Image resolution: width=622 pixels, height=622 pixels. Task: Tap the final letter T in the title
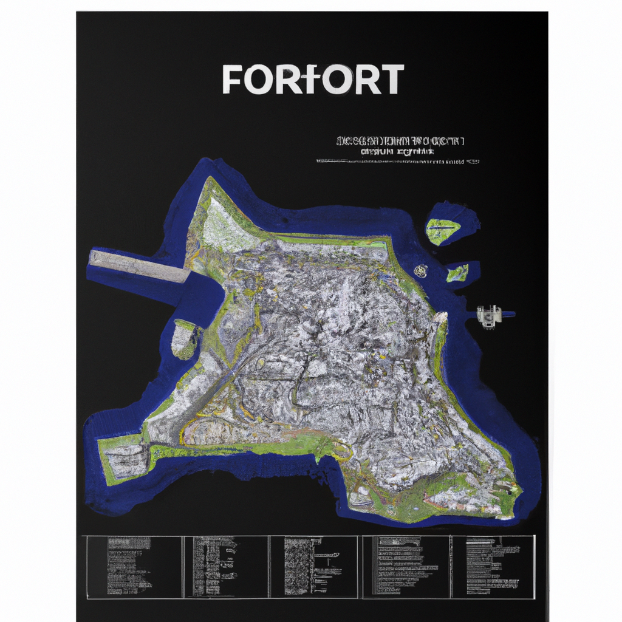coord(391,79)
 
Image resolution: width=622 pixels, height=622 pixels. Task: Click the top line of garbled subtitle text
coord(400,142)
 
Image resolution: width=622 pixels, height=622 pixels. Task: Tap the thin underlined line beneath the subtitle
coord(398,162)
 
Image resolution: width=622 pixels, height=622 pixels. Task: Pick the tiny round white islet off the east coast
coord(420,271)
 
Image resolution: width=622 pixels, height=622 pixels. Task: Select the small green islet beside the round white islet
coord(457,273)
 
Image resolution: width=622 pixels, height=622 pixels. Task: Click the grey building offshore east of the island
coord(489,315)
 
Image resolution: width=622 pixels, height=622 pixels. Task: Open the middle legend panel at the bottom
coord(313,566)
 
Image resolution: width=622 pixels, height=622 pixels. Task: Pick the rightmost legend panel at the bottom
coord(493,566)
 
